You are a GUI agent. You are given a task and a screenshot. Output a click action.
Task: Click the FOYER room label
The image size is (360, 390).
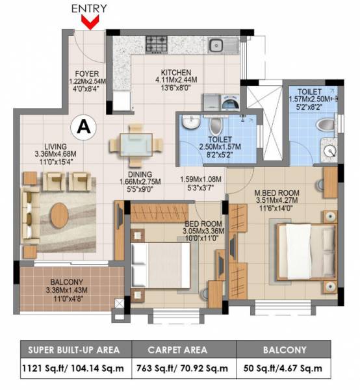[x=86, y=73]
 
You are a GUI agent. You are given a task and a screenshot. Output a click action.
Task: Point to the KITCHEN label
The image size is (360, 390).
[x=176, y=72]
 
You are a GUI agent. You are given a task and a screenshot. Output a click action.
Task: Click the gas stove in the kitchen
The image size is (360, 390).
[x=158, y=44]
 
